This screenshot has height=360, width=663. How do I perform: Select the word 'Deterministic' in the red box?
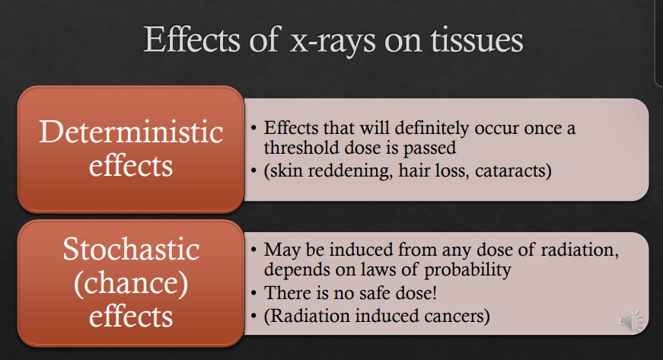131,132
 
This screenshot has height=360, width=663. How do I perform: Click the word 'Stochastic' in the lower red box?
131,250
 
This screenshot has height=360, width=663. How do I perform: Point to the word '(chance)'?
131,283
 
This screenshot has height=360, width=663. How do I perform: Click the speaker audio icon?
631,320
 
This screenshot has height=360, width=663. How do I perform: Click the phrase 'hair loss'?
429,171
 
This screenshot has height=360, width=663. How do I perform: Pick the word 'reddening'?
341,171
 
